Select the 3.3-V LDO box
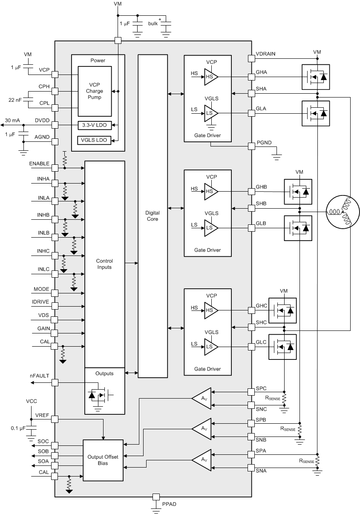95,125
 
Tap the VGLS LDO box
95,140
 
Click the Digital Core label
153,216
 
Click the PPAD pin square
156,497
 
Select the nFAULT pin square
55,382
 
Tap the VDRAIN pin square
251,58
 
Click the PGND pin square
251,146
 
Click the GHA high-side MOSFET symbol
316,77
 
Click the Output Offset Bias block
103,460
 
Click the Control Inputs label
104,264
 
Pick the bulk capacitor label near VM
153,23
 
